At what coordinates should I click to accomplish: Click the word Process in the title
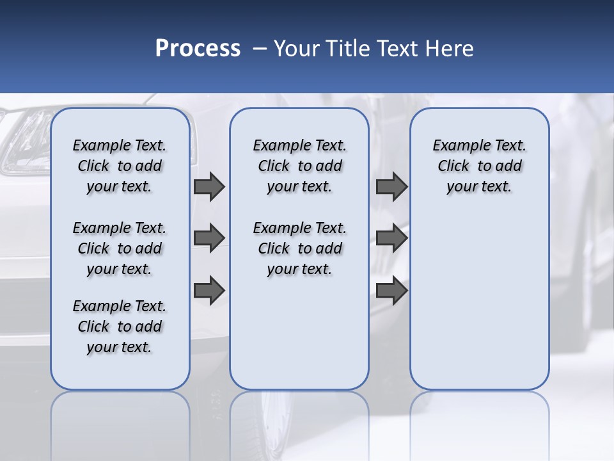pyautogui.click(x=198, y=49)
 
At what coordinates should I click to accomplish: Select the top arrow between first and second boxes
pyautogui.click(x=209, y=186)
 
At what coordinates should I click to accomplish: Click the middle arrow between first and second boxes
pyautogui.click(x=209, y=238)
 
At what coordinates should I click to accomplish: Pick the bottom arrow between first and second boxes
pyautogui.click(x=209, y=290)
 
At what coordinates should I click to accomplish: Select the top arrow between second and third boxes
pyautogui.click(x=391, y=186)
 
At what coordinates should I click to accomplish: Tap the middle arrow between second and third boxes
pyautogui.click(x=391, y=238)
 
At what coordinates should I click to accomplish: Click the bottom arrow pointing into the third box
pyautogui.click(x=391, y=290)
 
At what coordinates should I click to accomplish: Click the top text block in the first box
pyautogui.click(x=120, y=166)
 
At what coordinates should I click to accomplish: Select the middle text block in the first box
pyautogui.click(x=120, y=248)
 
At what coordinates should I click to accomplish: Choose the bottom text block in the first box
pyautogui.click(x=120, y=327)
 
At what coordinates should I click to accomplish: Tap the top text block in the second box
pyautogui.click(x=299, y=166)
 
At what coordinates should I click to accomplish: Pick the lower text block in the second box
pyautogui.click(x=299, y=248)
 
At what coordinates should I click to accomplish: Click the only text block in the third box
pyautogui.click(x=479, y=166)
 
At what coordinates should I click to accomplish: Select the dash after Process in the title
pyautogui.click(x=259, y=49)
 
